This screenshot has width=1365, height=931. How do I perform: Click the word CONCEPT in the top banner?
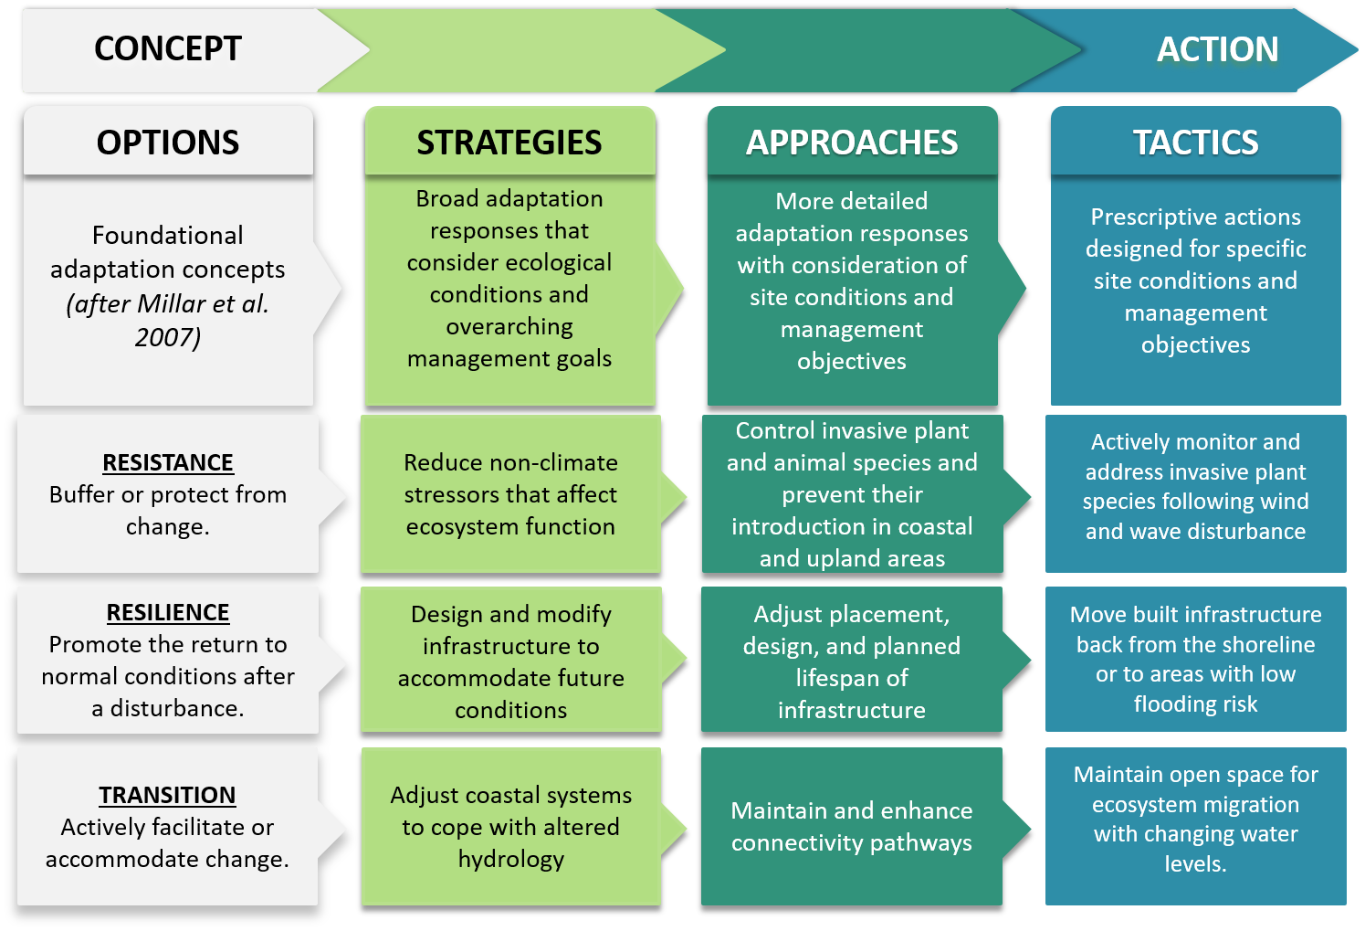tap(168, 49)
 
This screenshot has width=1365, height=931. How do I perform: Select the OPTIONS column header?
tap(168, 143)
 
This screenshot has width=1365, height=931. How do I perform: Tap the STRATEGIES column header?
tap(509, 143)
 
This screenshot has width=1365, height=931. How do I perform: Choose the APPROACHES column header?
tap(852, 143)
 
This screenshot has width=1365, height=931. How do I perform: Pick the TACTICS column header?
tap(1195, 143)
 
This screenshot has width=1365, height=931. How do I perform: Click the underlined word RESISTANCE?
tap(168, 462)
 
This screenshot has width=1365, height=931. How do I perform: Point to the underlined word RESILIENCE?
tap(168, 612)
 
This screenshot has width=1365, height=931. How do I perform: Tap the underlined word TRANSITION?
tap(167, 795)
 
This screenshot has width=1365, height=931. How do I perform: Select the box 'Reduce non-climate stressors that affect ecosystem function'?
tap(510, 494)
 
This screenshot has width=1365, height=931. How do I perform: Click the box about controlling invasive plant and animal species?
tap(852, 494)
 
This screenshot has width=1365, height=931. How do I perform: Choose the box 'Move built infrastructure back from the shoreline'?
tap(1195, 659)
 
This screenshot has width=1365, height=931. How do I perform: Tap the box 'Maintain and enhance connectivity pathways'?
tap(852, 826)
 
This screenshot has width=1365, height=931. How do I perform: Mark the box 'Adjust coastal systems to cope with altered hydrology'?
tap(510, 826)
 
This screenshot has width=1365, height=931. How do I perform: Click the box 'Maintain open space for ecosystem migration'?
tap(1195, 819)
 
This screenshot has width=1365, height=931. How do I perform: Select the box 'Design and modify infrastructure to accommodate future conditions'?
tap(510, 661)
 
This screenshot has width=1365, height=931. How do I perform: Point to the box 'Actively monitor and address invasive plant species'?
tap(1195, 487)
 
